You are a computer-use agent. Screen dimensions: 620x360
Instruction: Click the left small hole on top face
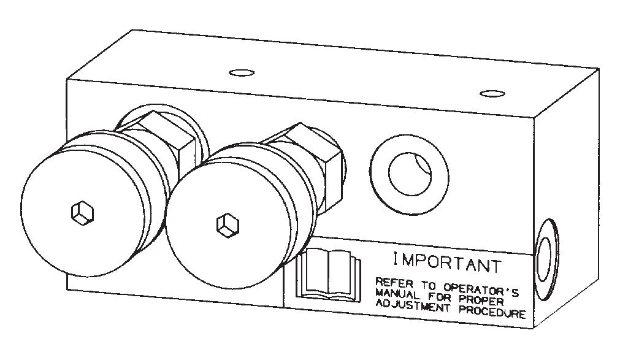242,74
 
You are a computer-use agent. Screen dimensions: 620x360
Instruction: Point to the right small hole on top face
492,93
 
